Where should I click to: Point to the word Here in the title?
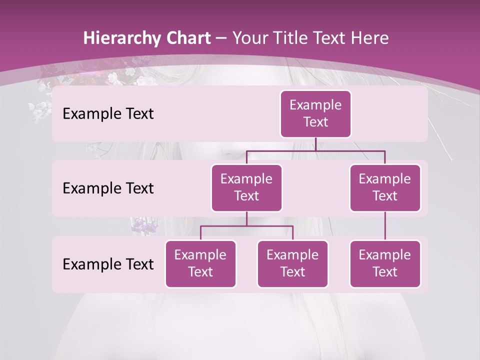pyautogui.click(x=369, y=38)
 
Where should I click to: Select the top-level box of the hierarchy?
pyautogui.click(x=315, y=114)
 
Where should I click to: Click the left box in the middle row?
pyautogui.click(x=246, y=188)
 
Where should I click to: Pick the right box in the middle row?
pyautogui.click(x=385, y=188)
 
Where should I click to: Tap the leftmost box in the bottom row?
pyautogui.click(x=200, y=264)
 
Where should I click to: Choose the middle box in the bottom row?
pyautogui.click(x=292, y=264)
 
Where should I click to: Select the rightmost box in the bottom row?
pyautogui.click(x=385, y=264)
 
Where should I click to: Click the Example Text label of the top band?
pyautogui.click(x=108, y=114)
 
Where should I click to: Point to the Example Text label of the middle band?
pyautogui.click(x=108, y=188)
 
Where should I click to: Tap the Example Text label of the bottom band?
pyautogui.click(x=108, y=264)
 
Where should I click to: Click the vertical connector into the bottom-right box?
pyautogui.click(x=385, y=226)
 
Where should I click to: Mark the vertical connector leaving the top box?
pyautogui.click(x=315, y=144)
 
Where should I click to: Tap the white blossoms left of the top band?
pyautogui.click(x=40, y=109)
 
